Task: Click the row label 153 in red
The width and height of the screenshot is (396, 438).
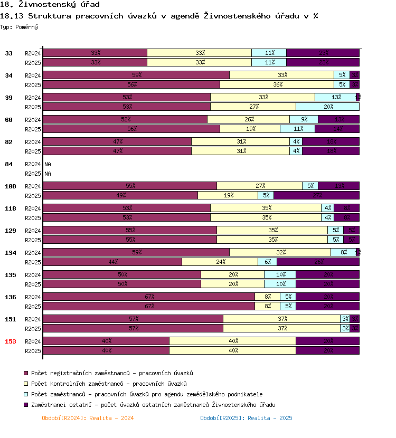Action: (x=11, y=341)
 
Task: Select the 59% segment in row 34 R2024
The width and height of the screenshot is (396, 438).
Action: (x=136, y=75)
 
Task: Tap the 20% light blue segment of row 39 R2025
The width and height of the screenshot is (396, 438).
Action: (x=328, y=107)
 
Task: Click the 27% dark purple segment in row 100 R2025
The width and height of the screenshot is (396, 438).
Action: (x=317, y=195)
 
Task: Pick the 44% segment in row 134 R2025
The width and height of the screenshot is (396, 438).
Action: (x=112, y=262)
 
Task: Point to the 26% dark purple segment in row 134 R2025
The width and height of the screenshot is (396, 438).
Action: (x=318, y=262)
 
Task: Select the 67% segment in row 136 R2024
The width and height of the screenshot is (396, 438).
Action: (x=149, y=297)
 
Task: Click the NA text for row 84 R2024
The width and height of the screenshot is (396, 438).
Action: (x=48, y=164)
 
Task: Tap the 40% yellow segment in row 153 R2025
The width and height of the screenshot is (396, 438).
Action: (x=232, y=350)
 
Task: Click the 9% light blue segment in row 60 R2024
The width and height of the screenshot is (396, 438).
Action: (x=304, y=119)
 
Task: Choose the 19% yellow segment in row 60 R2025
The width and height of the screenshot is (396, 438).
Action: (x=250, y=129)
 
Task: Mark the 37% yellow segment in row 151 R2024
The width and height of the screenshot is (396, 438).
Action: (x=282, y=319)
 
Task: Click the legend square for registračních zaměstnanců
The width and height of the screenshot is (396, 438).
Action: (x=26, y=374)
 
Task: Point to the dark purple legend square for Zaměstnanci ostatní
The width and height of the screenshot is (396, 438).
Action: (x=26, y=405)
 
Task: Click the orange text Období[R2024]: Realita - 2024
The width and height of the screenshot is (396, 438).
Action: (x=88, y=418)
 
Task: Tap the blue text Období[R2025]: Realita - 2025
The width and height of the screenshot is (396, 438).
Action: (x=246, y=418)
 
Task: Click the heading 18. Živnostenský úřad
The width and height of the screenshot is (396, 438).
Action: (x=50, y=5)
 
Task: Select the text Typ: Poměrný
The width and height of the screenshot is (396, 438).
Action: (x=19, y=26)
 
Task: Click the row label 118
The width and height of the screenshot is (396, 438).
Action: (x=11, y=208)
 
